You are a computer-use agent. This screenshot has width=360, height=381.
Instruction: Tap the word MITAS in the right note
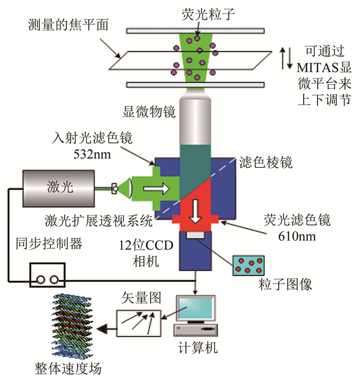pyautogui.click(x=312, y=66)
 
